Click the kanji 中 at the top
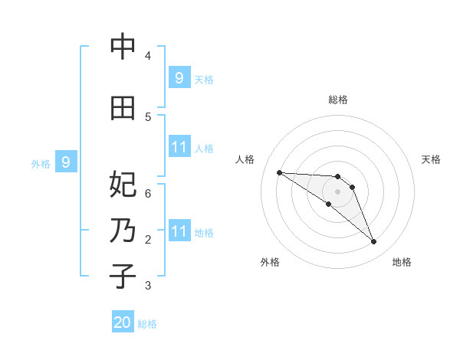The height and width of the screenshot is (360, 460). (x=123, y=47)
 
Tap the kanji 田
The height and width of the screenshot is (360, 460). (x=123, y=108)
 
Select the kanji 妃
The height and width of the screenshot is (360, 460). (x=123, y=185)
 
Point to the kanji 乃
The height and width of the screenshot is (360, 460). (x=123, y=231)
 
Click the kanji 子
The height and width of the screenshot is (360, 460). (x=123, y=277)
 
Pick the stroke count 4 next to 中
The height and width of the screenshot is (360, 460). (x=147, y=56)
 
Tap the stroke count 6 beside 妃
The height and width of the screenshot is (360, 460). (x=147, y=193)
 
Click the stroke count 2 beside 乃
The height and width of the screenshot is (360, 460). (x=147, y=240)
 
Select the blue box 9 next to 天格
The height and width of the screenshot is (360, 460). (x=179, y=77)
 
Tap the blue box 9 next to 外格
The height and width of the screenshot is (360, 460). (x=66, y=162)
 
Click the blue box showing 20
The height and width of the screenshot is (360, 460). (x=123, y=322)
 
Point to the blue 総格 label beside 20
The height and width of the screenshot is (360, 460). (x=147, y=324)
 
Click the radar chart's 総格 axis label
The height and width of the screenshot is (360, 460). (x=338, y=100)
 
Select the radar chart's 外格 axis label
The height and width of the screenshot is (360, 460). (x=270, y=262)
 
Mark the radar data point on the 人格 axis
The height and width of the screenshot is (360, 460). (x=279, y=172)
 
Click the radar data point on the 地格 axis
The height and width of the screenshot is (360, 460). (x=374, y=242)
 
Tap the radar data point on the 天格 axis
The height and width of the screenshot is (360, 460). (x=352, y=187)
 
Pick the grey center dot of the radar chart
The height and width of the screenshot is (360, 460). (x=338, y=191)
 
